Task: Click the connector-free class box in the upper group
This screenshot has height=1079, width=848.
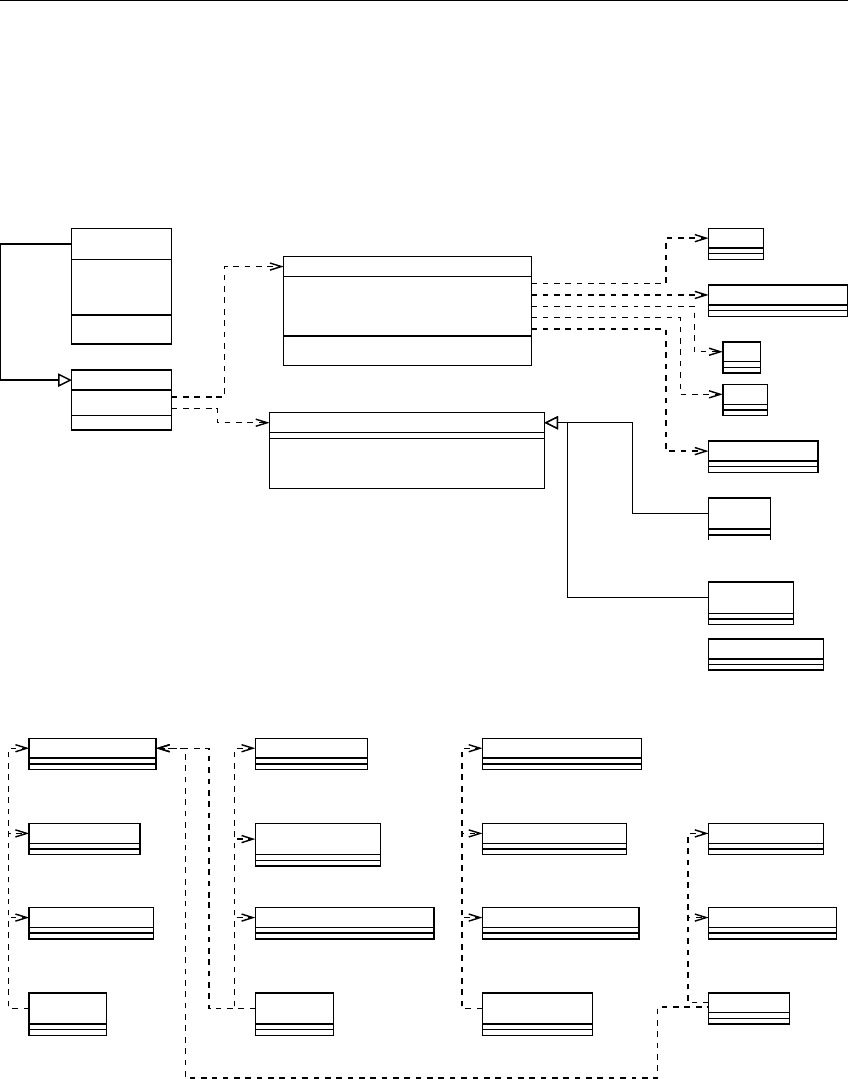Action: click(765, 654)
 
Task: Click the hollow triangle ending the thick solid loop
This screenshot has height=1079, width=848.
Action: click(64, 379)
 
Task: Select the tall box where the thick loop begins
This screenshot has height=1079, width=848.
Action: click(121, 286)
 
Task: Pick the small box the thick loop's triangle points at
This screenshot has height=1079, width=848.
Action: click(121, 399)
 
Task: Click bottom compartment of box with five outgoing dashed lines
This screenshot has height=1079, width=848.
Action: click(407, 351)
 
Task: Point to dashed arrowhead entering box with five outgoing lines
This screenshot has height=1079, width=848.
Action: click(278, 266)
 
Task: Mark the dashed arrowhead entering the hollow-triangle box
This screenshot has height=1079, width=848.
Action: click(264, 423)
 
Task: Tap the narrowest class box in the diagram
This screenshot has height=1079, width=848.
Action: click(741, 357)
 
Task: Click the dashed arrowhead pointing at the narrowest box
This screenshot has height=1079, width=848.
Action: click(718, 351)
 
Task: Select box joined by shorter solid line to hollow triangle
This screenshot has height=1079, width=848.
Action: click(739, 519)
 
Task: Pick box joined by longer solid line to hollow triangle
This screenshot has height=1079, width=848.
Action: click(750, 602)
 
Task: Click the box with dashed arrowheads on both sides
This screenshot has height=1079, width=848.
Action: click(93, 754)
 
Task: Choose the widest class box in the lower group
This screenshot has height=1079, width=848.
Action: click(345, 923)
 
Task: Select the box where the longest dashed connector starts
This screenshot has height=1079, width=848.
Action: click(748, 1009)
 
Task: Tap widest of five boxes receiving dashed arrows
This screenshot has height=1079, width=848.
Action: click(777, 300)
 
